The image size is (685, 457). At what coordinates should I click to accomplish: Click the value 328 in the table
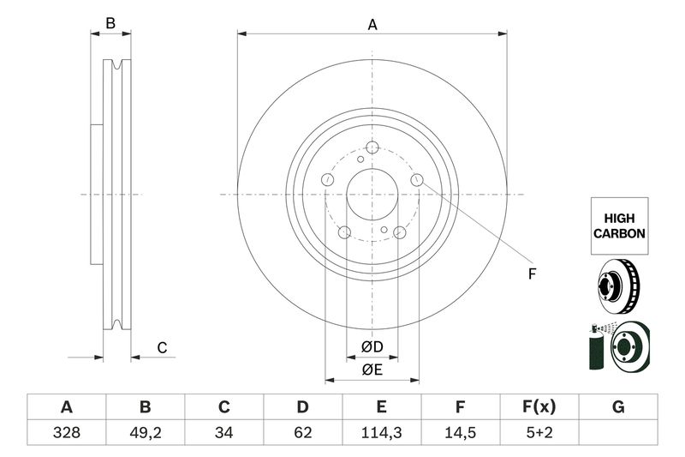(66, 433)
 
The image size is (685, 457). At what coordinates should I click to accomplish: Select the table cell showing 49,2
(145, 433)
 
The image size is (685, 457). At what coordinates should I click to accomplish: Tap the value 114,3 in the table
(381, 433)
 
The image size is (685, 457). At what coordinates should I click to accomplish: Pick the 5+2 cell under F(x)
(539, 433)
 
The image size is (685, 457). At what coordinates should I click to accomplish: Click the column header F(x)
(539, 407)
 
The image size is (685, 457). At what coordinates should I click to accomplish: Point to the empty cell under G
(618, 433)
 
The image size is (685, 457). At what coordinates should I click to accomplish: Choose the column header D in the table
(302, 407)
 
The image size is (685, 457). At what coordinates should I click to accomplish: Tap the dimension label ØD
(372, 347)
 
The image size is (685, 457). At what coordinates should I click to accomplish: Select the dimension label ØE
(372, 370)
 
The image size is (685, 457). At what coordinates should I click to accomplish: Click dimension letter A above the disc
(372, 26)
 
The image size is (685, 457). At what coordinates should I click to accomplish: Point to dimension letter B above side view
(110, 24)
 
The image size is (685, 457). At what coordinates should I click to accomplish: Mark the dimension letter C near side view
(161, 347)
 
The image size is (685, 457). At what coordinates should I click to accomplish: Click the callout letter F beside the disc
(531, 274)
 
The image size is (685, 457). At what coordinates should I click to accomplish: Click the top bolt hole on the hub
(372, 147)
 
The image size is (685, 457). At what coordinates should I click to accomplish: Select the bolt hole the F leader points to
(417, 179)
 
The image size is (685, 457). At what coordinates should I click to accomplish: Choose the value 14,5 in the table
(460, 433)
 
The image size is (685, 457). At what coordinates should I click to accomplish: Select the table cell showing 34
(223, 433)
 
